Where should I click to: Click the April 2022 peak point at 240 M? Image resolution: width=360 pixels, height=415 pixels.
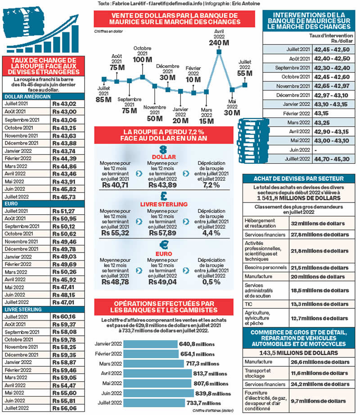click(219, 52)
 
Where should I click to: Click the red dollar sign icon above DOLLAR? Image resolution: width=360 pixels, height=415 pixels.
click(164, 149)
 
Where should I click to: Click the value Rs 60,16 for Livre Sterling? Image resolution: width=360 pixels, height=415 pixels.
click(63, 317)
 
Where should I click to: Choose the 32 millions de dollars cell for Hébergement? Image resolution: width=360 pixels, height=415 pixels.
click(317, 223)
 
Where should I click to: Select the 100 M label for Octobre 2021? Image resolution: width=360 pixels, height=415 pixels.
click(142, 59)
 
